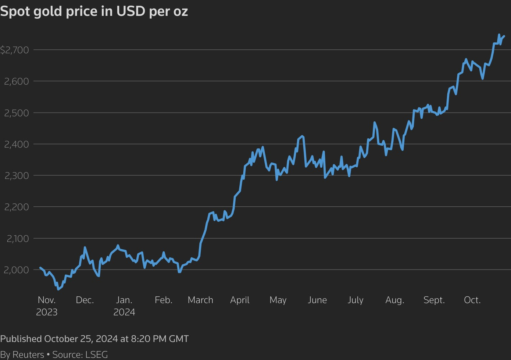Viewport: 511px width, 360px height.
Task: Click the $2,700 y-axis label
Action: tap(15, 50)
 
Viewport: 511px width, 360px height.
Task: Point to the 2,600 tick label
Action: tap(17, 81)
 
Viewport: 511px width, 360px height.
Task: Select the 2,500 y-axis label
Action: tap(17, 113)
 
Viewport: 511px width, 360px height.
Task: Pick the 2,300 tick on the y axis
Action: tap(17, 176)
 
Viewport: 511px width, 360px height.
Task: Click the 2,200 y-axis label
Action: tap(17, 207)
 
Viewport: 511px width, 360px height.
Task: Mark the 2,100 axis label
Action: tap(18, 239)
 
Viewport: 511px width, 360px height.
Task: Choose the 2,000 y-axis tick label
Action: tap(17, 270)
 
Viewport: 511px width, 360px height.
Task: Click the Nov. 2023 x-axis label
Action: tap(47, 306)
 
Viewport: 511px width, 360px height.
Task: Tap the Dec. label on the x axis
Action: tap(85, 300)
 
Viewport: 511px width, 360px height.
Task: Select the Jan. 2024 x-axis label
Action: tap(124, 306)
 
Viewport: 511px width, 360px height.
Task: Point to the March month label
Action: tap(200, 300)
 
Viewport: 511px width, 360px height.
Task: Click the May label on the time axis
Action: tap(278, 300)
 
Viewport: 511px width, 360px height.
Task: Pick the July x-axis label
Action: tap(355, 300)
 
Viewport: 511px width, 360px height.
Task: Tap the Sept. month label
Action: tap(434, 300)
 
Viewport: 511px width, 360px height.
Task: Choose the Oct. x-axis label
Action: tap(472, 300)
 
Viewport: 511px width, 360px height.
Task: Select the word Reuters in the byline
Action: tap(28, 354)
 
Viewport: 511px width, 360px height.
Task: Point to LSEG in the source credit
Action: tap(96, 354)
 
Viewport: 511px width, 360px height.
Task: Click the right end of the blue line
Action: tap(504, 36)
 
